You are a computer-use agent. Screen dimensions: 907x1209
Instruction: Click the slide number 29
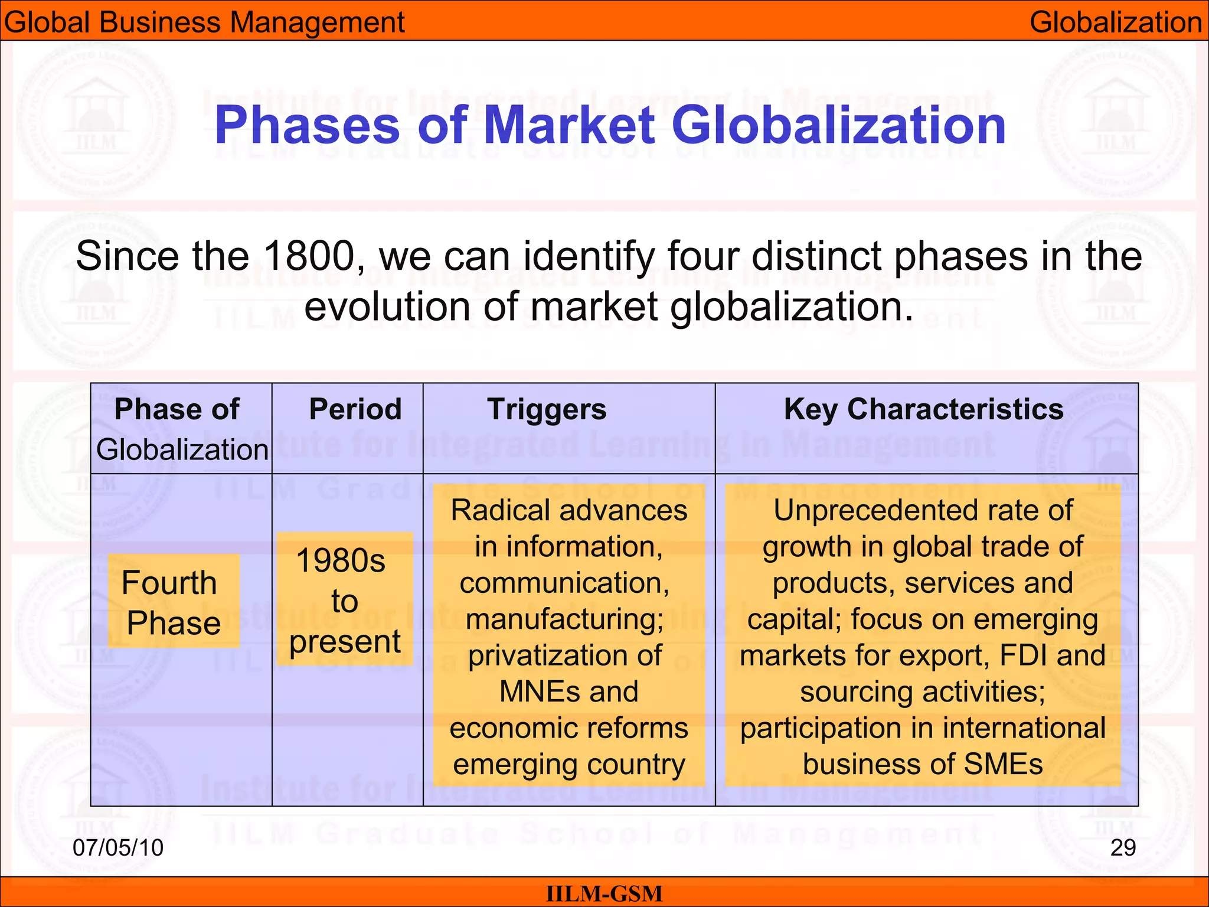point(1123,847)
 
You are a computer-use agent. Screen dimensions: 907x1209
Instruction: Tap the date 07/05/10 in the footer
point(118,847)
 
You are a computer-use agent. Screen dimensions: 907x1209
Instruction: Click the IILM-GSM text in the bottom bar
point(604,893)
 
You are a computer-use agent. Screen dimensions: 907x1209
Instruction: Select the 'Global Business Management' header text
point(204,22)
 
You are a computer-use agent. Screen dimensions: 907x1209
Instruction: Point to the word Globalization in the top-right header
point(1116,22)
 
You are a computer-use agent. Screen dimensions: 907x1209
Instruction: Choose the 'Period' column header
point(355,409)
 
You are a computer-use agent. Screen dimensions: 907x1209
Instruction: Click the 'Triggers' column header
point(547,409)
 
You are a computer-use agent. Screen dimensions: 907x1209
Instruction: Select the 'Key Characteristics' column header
point(923,409)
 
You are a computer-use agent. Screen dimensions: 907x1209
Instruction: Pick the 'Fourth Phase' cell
point(173,602)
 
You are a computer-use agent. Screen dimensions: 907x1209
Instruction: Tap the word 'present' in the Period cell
point(345,642)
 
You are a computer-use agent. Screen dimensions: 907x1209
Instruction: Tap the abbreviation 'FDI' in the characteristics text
point(1021,655)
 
